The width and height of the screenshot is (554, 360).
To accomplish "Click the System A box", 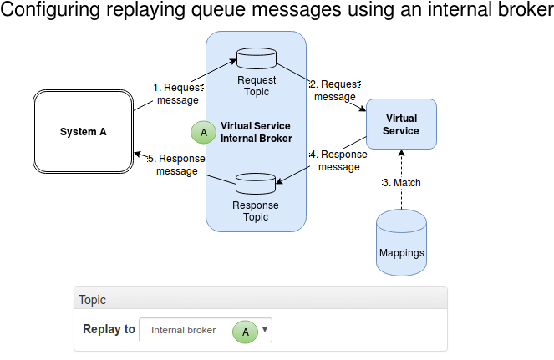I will point(84,132).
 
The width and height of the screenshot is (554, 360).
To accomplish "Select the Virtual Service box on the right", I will point(401,124).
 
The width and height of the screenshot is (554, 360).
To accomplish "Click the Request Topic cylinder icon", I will point(256,59).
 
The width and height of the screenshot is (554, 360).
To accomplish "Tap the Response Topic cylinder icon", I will point(256,183).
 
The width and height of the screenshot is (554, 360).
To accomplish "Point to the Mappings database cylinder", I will point(401,242).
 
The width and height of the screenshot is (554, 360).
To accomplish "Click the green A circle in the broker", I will point(203,133).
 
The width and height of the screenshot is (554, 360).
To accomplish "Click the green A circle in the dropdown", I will point(245,331).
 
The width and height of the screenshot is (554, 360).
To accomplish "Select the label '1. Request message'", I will point(177,94).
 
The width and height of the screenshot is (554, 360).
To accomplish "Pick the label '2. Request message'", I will point(334,90).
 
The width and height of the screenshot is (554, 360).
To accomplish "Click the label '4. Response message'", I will point(338,160).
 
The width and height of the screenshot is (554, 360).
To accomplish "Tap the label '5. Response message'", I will point(176,165).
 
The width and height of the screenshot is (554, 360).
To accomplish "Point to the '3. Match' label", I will point(402,182).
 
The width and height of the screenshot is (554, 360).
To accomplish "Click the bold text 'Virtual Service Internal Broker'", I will point(256,132).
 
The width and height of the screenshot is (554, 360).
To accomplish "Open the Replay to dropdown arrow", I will point(265,330).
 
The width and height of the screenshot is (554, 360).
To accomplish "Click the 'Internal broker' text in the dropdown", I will point(183,330).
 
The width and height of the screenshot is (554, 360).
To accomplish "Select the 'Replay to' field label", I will point(109,329).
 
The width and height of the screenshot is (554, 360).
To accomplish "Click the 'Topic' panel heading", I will point(92,299).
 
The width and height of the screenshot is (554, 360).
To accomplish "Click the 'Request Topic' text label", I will point(256,85).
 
